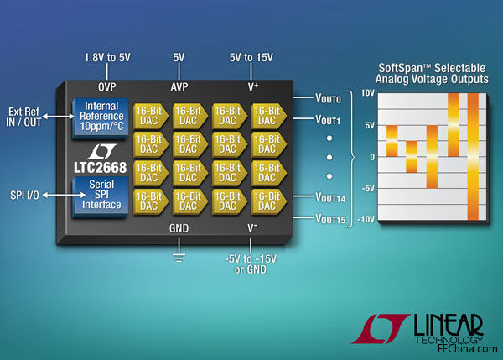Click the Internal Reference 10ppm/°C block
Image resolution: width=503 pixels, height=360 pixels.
(x=100, y=114)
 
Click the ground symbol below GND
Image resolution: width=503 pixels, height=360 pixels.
(x=178, y=255)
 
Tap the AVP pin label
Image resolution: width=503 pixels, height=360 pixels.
(x=178, y=87)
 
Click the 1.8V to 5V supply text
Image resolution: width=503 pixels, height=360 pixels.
(x=106, y=59)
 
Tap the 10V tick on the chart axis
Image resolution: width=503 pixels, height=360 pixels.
(x=366, y=93)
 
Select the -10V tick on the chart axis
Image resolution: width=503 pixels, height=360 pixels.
(x=365, y=219)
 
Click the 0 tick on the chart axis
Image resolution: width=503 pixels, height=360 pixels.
(x=371, y=156)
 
